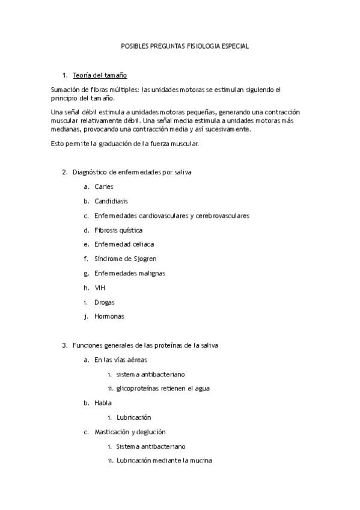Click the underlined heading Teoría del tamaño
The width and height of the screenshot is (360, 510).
pos(99,75)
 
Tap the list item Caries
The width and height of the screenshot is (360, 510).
pos(103,187)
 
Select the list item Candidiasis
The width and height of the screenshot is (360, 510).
pos(111,201)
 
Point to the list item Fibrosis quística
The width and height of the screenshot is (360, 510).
pos(118,230)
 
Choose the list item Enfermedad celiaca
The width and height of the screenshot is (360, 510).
pos(124,245)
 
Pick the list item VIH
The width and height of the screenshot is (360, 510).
pos(99,288)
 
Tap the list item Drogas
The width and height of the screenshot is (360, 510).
pos(104,303)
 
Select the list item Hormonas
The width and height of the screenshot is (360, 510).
pos(109,317)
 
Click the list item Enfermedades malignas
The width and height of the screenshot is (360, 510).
pos(129,274)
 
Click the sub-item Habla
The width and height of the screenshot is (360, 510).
pos(103,403)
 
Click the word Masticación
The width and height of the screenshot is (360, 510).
pos(113,432)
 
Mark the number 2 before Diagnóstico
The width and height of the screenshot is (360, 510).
pos(64,173)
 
